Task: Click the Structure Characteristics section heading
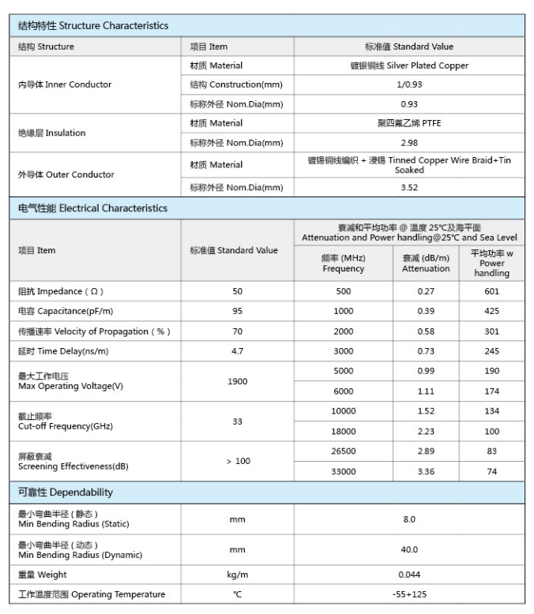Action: click(93, 25)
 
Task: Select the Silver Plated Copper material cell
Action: click(409, 66)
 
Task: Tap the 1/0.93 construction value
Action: click(409, 84)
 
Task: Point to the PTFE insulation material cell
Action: click(409, 123)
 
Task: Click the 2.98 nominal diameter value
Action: click(409, 143)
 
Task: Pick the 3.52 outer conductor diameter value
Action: click(409, 187)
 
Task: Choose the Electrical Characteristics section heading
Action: click(93, 208)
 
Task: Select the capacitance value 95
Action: click(237, 311)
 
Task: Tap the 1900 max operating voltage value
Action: click(237, 381)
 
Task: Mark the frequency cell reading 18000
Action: click(344, 431)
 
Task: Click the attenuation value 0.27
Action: click(426, 291)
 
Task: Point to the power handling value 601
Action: click(492, 291)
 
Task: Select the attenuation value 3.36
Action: click(426, 471)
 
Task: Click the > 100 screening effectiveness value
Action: click(237, 461)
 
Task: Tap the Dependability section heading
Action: click(66, 492)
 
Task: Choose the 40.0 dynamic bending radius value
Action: click(409, 549)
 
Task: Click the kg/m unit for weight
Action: click(237, 575)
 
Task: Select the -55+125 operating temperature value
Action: click(409, 594)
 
